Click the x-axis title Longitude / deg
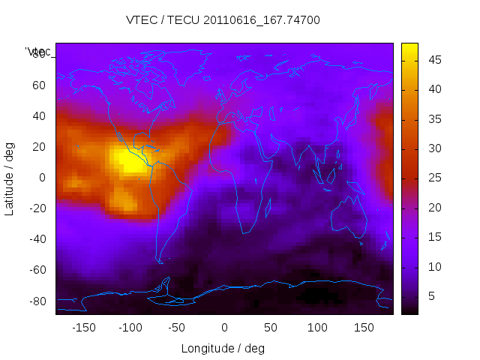(x=223, y=349)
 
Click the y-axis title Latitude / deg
(x=10, y=178)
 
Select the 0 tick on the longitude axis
(x=224, y=328)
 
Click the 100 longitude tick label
(x=317, y=328)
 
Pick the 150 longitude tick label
(x=364, y=328)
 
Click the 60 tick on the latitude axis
(x=39, y=85)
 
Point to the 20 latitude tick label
(x=39, y=147)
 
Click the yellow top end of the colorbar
(x=409, y=46)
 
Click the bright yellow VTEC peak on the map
(x=129, y=160)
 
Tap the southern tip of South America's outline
(x=160, y=262)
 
